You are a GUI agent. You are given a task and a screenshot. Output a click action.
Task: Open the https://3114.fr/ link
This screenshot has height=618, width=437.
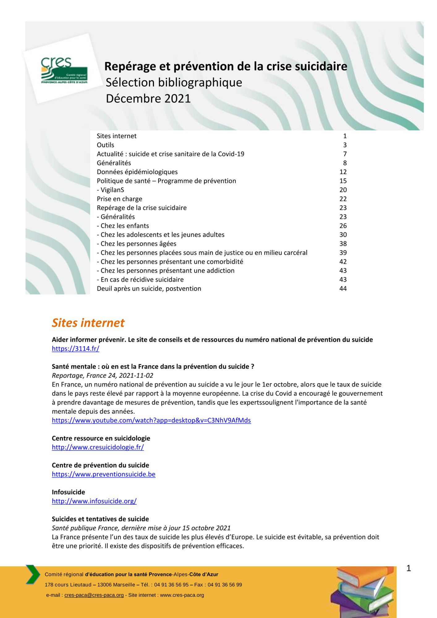coord(75,349)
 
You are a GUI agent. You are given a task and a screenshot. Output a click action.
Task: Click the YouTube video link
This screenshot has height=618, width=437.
coord(151,420)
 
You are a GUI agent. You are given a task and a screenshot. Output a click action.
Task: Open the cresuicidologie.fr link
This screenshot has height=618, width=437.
coord(98,447)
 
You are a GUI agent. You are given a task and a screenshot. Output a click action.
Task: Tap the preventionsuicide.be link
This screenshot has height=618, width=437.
coord(104,474)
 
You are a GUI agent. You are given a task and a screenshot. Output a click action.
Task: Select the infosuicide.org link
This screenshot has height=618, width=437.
coord(94,501)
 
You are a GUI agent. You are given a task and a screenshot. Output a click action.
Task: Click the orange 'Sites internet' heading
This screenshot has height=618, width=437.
coord(88,323)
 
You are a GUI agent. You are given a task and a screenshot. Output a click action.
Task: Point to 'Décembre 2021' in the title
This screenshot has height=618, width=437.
coord(148,99)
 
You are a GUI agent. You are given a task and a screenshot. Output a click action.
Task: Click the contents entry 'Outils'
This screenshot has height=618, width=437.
coord(105,145)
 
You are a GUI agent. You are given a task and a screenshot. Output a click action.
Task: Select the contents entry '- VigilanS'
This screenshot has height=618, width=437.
coord(110,190)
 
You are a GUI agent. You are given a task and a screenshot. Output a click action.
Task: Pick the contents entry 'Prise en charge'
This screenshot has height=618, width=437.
coord(119,199)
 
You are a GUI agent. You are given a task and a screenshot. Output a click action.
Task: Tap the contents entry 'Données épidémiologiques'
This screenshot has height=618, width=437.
coord(137,172)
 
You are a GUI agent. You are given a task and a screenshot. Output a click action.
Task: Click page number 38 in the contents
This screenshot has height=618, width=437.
coord(343,243)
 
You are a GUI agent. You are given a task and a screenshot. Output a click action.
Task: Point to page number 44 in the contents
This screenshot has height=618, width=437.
coord(343,288)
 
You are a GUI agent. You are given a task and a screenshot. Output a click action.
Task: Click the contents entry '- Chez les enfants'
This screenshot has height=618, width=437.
coord(123,226)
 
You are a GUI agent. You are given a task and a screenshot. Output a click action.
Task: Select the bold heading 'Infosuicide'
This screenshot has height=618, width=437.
coord(68,492)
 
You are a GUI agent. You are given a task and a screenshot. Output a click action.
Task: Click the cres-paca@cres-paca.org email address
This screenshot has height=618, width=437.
coord(94,595)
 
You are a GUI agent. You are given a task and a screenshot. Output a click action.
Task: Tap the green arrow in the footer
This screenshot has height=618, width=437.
coord(33,574)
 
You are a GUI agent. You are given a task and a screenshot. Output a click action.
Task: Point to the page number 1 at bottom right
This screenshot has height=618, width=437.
coord(409,568)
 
